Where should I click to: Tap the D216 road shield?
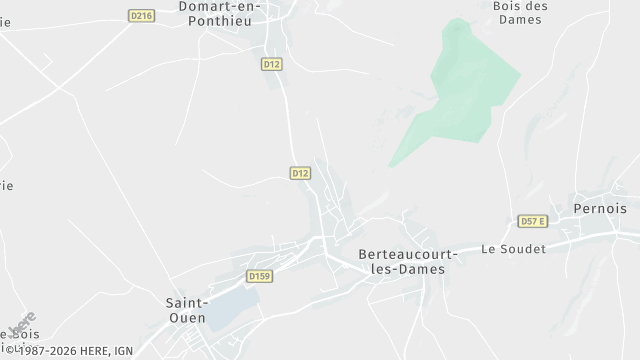(141, 15)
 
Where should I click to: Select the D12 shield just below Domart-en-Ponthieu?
(271, 64)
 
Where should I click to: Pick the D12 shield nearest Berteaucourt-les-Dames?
(300, 173)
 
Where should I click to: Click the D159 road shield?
(259, 276)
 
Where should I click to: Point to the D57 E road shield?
(532, 221)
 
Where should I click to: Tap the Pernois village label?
(600, 209)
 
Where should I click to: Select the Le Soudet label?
(514, 249)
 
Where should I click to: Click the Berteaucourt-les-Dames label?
(401, 262)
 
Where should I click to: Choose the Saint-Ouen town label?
(186, 309)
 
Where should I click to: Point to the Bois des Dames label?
(520, 12)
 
